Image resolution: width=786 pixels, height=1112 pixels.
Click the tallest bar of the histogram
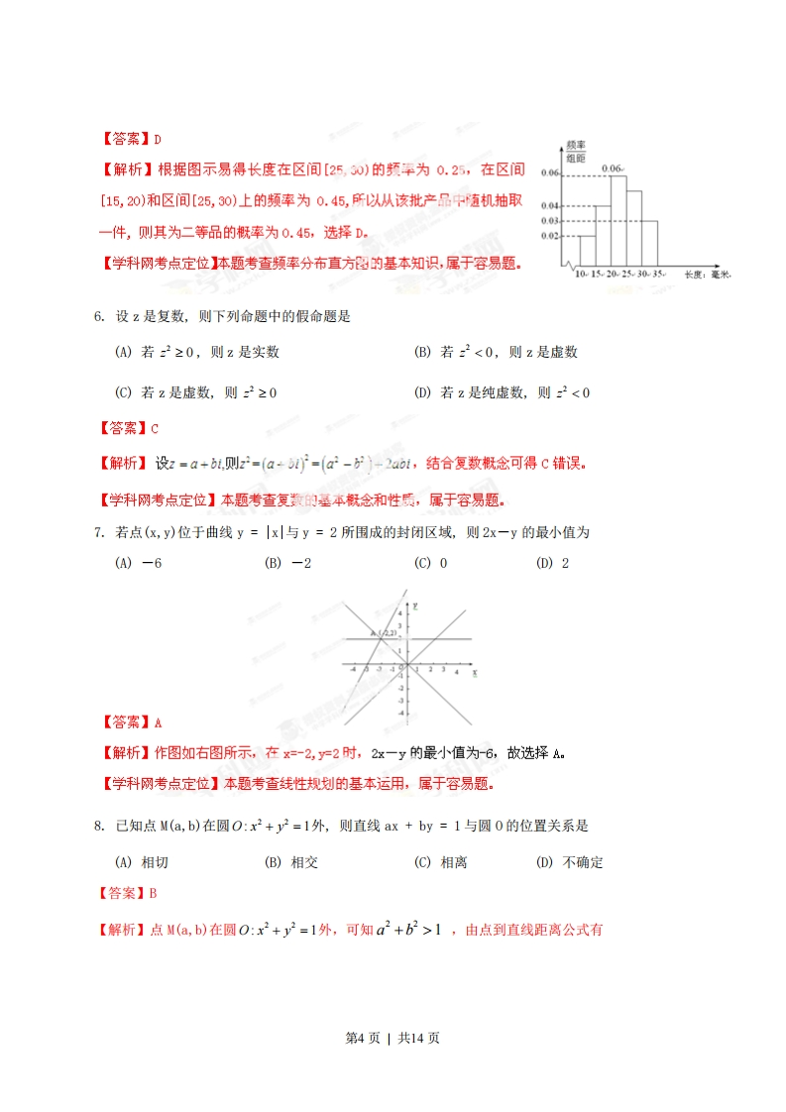click(617, 220)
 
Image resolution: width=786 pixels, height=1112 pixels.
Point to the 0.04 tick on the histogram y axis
click(551, 205)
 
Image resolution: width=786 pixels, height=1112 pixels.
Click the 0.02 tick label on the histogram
click(551, 236)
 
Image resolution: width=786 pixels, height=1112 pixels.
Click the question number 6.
click(99, 317)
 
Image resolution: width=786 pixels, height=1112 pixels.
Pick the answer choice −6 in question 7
click(139, 563)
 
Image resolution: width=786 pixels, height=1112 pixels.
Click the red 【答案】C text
click(130, 428)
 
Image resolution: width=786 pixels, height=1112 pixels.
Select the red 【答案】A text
click(131, 722)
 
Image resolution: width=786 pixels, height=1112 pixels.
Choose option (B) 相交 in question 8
click(291, 862)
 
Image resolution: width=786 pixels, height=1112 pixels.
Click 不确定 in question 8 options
click(583, 862)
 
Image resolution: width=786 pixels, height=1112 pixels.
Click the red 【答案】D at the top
click(131, 139)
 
